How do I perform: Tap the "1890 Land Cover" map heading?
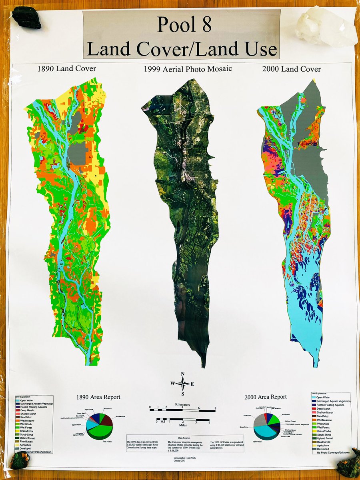tap(66, 68)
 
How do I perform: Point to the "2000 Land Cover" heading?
tap(291, 69)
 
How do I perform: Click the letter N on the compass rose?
tap(183, 374)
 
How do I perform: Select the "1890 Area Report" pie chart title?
tap(98, 397)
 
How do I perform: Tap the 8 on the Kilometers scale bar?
tap(216, 408)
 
